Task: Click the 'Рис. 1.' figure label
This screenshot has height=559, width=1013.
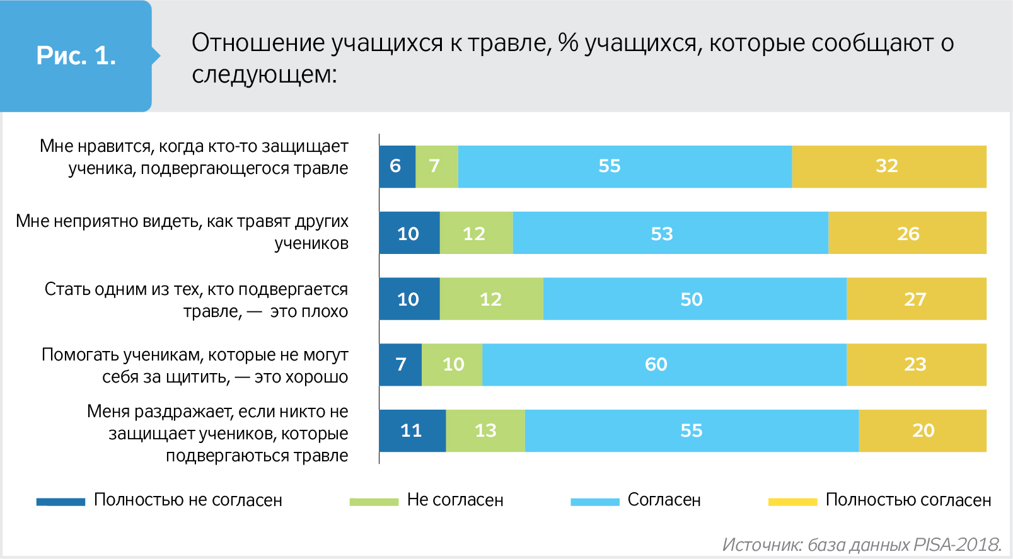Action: click(76, 56)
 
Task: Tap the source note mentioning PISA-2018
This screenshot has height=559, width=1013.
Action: click(862, 545)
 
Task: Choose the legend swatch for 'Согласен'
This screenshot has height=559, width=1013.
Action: click(594, 502)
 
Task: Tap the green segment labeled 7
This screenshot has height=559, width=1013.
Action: click(437, 166)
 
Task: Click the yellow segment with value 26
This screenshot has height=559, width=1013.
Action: click(907, 233)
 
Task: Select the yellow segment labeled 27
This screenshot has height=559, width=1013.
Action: click(916, 299)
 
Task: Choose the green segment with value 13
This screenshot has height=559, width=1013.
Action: click(485, 430)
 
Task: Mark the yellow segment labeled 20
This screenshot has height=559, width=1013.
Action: click(922, 430)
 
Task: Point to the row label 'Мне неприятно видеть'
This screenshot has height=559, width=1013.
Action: click(182, 232)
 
